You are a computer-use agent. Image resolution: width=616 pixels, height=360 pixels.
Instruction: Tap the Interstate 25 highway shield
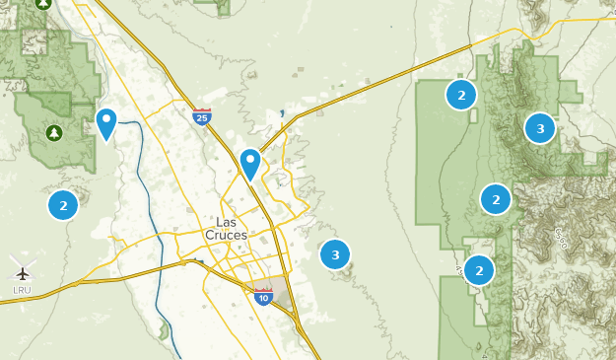click(x=201, y=117)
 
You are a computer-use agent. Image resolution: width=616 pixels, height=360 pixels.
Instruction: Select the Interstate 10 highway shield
click(x=262, y=296)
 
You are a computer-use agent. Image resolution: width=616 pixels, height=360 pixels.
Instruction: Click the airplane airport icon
click(x=22, y=271)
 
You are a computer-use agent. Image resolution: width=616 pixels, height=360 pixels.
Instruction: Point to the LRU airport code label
click(x=22, y=289)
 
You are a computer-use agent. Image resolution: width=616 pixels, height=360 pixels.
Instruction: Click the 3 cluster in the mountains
click(x=539, y=128)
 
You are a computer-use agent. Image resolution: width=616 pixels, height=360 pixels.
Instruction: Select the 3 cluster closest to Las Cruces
click(x=335, y=254)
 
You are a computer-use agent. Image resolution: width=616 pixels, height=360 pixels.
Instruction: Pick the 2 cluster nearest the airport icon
click(x=63, y=205)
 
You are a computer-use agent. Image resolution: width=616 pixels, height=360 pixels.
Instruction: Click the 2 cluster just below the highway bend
click(x=460, y=95)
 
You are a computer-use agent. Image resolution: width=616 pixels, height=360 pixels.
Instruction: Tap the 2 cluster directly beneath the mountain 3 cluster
click(x=496, y=199)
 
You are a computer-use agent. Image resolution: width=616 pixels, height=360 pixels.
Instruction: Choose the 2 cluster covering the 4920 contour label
click(x=478, y=269)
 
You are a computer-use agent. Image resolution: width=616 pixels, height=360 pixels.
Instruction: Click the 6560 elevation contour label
click(x=560, y=239)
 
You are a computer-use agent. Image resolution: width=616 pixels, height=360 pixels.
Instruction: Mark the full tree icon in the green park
click(x=53, y=132)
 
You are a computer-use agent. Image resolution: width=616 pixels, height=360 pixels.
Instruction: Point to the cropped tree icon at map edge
click(x=43, y=4)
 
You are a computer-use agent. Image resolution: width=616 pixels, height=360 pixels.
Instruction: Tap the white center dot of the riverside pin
click(x=106, y=119)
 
